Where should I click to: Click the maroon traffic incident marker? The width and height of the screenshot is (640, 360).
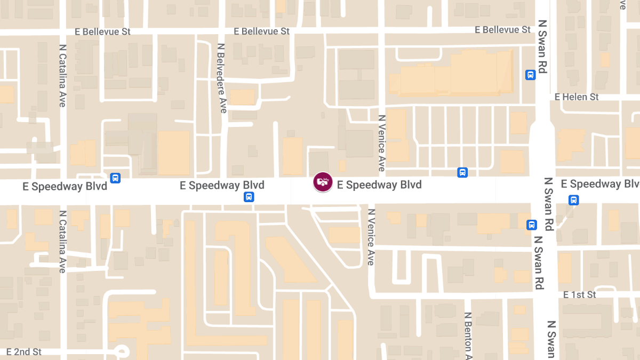pos(323,182)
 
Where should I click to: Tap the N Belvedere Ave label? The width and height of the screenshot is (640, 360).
pos(222,78)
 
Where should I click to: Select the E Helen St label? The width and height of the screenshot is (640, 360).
pos(577,97)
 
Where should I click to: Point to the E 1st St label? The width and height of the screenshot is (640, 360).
pos(580,295)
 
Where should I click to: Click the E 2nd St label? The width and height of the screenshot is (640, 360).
pos(24,352)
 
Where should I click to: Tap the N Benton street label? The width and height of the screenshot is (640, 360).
pos(468,336)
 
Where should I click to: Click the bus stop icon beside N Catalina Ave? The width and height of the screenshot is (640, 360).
pos(115,178)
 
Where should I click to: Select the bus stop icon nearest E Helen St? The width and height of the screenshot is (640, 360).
pos(530,75)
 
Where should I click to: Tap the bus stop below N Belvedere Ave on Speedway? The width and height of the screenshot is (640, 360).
pos(249,197)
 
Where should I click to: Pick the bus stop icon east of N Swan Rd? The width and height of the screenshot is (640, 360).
pos(573,200)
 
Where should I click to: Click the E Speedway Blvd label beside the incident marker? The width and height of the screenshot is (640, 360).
pos(379,185)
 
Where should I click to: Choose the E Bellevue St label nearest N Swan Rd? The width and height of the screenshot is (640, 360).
pos(503,30)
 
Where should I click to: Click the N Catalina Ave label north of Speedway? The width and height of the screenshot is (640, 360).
pos(62,75)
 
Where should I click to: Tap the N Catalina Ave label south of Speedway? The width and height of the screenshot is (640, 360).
pos(62,241)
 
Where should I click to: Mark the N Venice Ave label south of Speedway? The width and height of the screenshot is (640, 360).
pos(371,236)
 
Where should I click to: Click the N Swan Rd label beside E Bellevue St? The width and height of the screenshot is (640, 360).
pos(543,47)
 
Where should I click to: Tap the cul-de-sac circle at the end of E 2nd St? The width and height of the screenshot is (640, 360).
pos(122,351)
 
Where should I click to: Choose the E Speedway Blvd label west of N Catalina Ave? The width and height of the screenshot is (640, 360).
pos(65,186)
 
